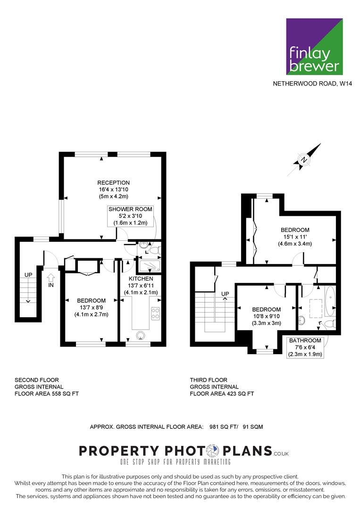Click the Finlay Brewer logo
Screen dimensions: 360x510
click(314, 46)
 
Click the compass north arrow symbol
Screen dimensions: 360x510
click(304, 160)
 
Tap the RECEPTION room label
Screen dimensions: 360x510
click(113, 183)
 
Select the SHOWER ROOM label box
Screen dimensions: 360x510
click(130, 216)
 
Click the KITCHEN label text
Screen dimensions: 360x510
click(141, 279)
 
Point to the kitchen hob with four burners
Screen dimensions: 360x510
click(155, 313)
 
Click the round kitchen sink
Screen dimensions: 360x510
click(141, 335)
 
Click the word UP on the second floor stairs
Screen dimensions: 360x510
click(28, 275)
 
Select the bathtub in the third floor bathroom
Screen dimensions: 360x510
click(330, 302)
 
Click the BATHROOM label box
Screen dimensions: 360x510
click(305, 348)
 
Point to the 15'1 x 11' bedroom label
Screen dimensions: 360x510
click(295, 237)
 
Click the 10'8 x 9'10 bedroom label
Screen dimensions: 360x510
click(266, 316)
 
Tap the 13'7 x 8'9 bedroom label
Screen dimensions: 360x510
click(92, 307)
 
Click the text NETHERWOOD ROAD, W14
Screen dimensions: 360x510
click(312, 84)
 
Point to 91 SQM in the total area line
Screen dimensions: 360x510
click(253, 427)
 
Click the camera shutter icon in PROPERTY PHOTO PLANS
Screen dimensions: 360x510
click(212, 451)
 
